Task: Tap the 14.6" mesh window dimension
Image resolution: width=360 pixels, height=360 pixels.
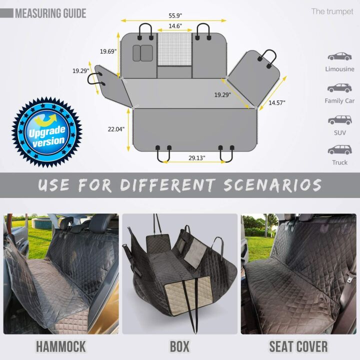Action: pos(174,26)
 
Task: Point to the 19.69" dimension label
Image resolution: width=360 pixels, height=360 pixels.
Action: pos(107,51)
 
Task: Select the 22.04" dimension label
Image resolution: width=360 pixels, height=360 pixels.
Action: pos(115,129)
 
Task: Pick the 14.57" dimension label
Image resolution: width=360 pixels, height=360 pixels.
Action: pos(277,102)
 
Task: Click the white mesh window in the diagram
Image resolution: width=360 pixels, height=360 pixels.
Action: pos(175,49)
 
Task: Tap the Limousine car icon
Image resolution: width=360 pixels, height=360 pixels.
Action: pos(339,56)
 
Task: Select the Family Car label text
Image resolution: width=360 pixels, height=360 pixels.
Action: pos(339,100)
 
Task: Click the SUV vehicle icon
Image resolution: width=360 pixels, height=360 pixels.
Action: pos(339,120)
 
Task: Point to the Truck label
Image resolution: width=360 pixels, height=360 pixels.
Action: pos(339,162)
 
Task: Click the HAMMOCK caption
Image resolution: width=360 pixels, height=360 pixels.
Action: pos(60,346)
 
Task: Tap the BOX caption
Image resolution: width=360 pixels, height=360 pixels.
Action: pos(179,346)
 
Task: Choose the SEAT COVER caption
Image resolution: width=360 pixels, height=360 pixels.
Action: pos(298,346)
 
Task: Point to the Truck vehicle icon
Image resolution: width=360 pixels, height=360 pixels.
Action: pos(339,149)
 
